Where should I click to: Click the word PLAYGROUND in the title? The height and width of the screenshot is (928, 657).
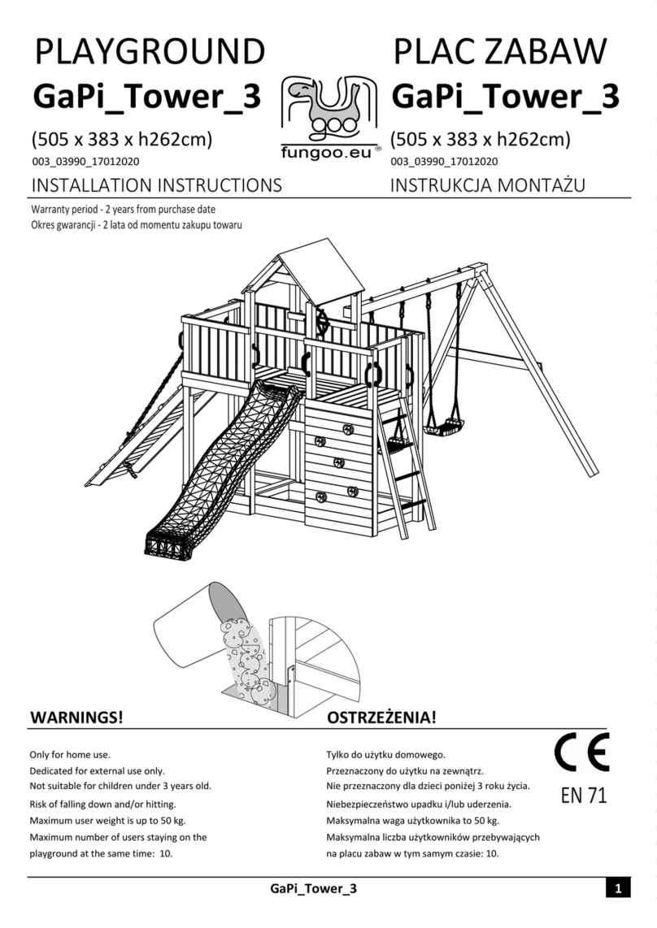[149, 52]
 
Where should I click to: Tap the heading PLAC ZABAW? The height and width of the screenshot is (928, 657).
[500, 52]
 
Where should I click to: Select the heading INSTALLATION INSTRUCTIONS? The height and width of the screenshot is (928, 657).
[156, 185]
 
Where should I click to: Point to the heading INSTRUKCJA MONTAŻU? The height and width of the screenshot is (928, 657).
[488, 185]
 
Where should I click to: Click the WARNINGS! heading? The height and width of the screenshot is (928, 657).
[76, 718]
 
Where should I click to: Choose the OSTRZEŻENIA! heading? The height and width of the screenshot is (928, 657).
[381, 718]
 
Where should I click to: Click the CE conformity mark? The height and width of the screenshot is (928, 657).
[582, 755]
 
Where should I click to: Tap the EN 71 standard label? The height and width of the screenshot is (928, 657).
[584, 796]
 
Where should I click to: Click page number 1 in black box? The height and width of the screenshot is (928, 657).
[617, 889]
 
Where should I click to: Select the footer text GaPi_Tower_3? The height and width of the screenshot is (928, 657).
[313, 889]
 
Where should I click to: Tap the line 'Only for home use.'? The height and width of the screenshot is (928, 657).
[70, 755]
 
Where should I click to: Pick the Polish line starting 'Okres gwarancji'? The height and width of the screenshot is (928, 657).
[136, 224]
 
